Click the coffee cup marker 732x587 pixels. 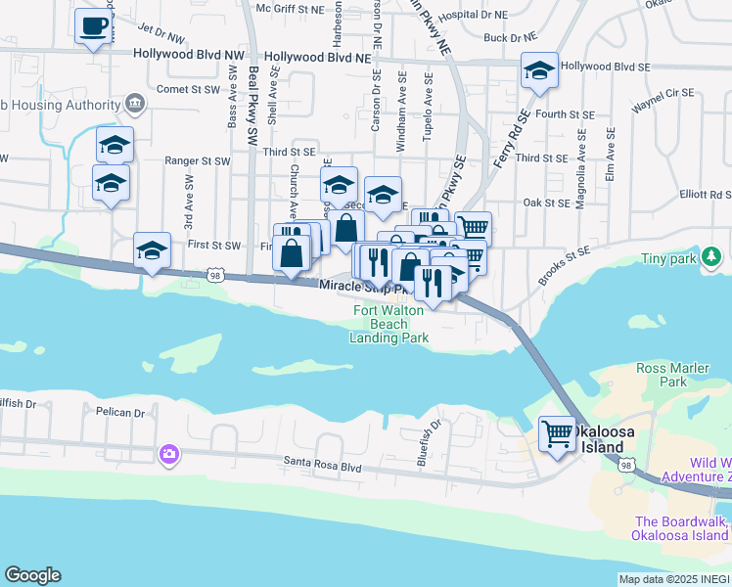pyautogui.click(x=94, y=26)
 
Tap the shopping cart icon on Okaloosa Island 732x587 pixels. pyautogui.click(x=558, y=433)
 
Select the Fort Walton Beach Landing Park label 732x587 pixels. pyautogui.click(x=389, y=325)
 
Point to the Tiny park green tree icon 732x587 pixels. pyautogui.click(x=712, y=257)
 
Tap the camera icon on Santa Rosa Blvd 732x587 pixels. pyautogui.click(x=169, y=454)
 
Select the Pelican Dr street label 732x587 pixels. pyautogui.click(x=120, y=412)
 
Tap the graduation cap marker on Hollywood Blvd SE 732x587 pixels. pyautogui.click(x=538, y=71)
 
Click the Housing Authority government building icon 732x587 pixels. pyautogui.click(x=135, y=104)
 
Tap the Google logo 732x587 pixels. pyautogui.click(x=32, y=575)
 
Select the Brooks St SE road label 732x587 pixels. pyautogui.click(x=564, y=265)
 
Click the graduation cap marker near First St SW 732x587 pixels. pyautogui.click(x=152, y=251)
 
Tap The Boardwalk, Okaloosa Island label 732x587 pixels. pyautogui.click(x=682, y=528)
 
